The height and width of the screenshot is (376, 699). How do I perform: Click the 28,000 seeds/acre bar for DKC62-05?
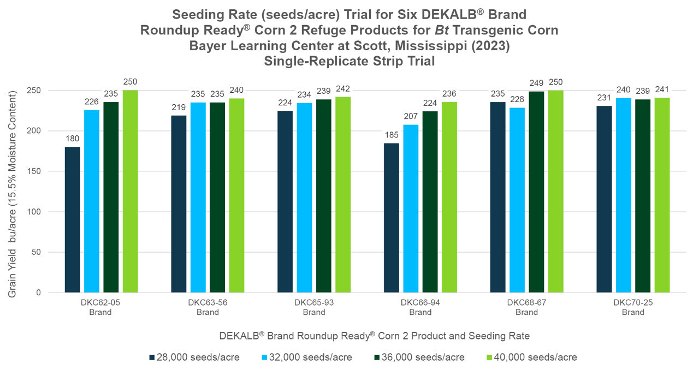point(73,219)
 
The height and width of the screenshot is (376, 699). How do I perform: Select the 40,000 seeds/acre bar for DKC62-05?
point(130,191)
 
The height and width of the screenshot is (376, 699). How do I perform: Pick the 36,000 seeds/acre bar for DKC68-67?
point(536,192)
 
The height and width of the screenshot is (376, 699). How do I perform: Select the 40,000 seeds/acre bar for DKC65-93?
point(343,194)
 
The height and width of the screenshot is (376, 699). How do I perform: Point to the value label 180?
point(73,139)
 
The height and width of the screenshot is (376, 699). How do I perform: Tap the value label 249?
point(536,83)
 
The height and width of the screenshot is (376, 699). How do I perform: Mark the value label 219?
point(179,107)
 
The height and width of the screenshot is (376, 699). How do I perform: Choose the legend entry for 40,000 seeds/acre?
point(535,357)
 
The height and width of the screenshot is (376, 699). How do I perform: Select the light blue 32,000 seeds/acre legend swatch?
point(265,358)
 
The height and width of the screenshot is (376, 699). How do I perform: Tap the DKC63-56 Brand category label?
point(208,307)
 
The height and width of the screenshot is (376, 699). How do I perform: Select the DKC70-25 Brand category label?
point(633,307)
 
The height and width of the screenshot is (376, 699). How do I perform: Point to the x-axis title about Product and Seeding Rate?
point(374,335)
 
